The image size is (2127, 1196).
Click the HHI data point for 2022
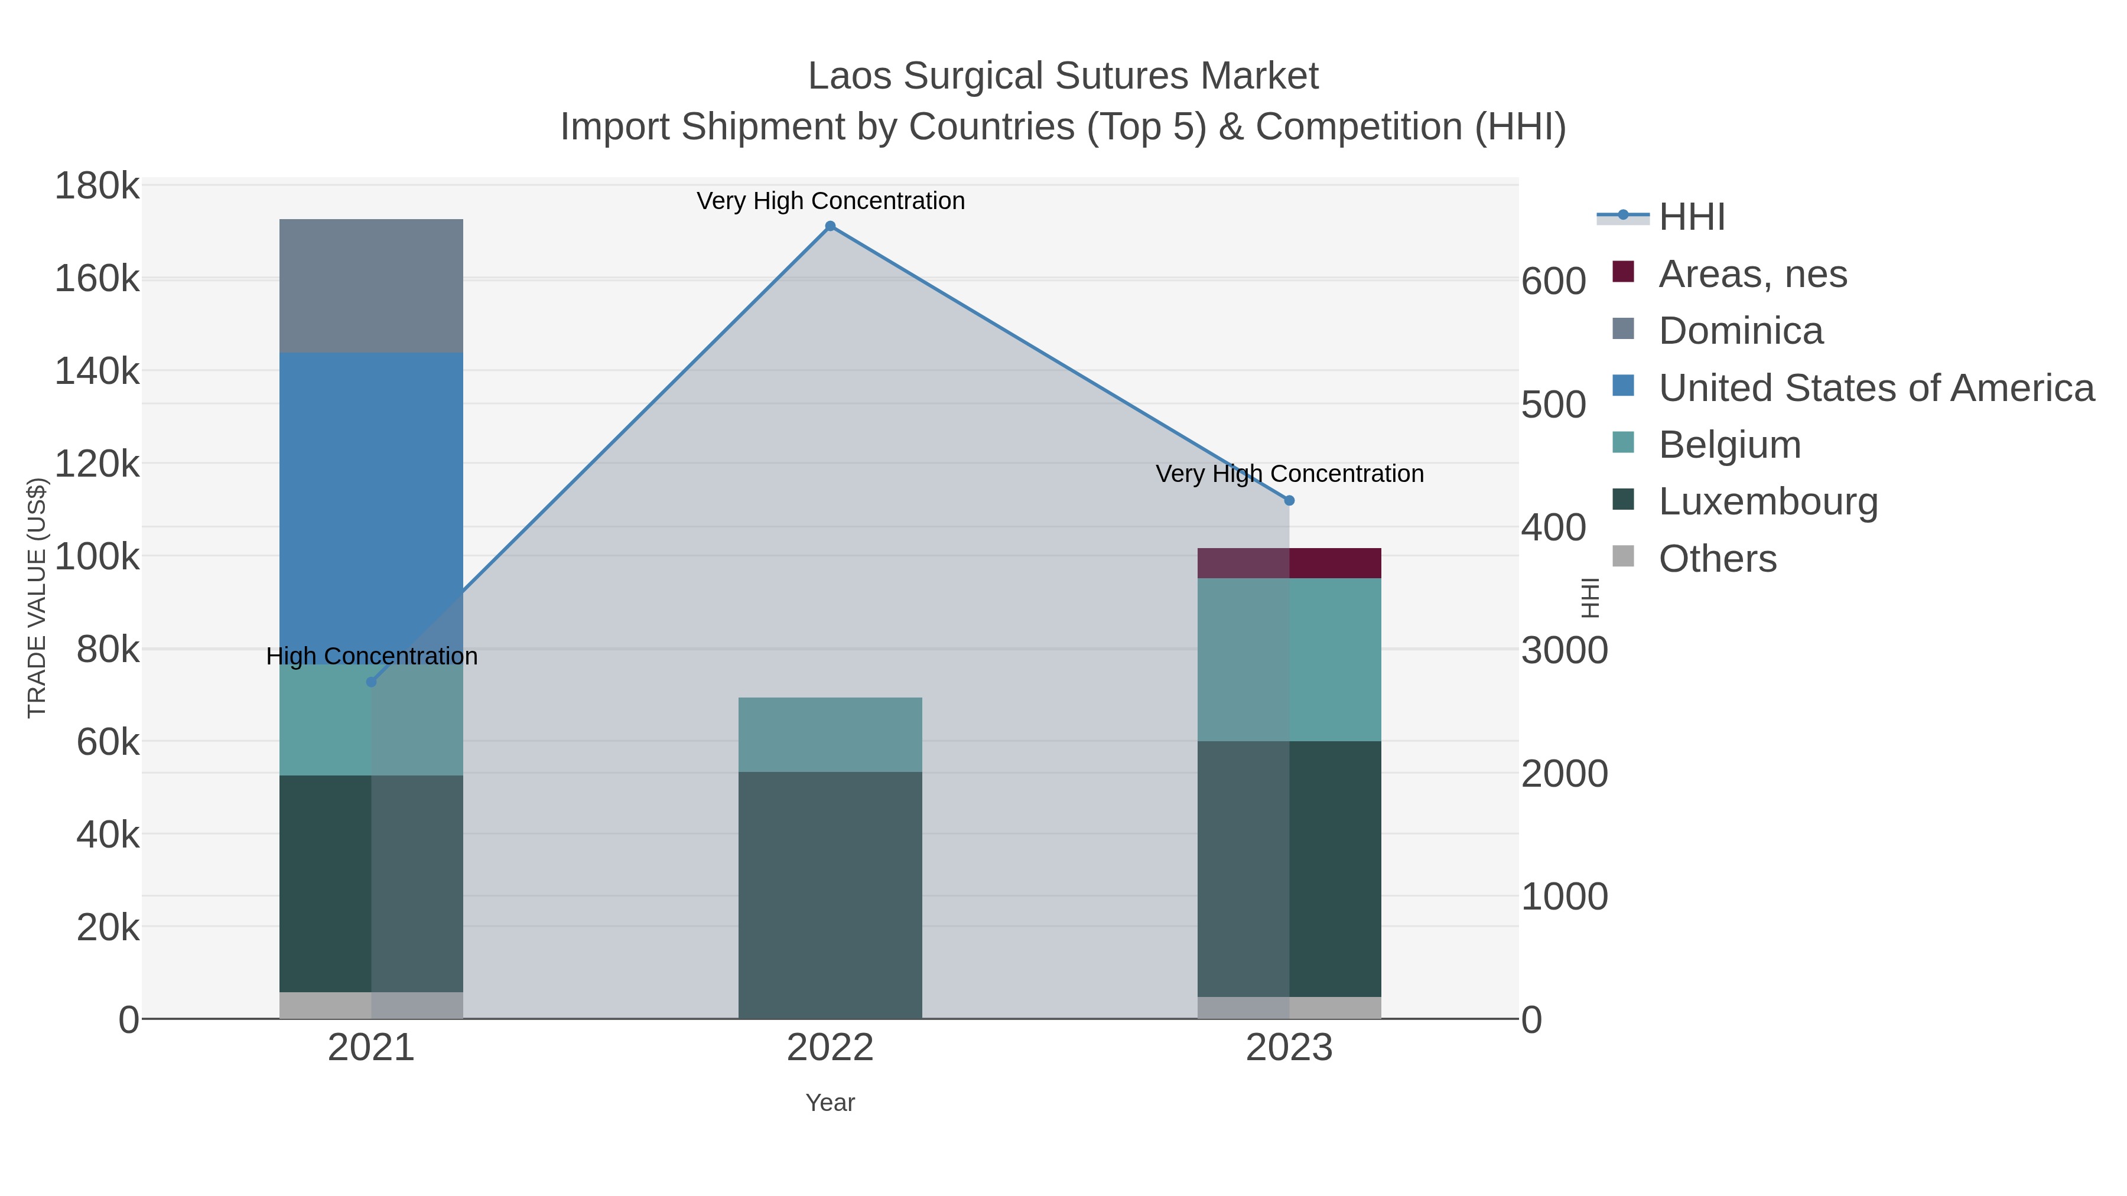830,226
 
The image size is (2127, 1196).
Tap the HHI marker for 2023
1289,500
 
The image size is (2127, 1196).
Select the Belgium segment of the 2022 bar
830,735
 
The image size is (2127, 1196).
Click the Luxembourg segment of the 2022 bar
830,895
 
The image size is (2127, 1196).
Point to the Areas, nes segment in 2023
1289,563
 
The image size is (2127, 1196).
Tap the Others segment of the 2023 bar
1289,1008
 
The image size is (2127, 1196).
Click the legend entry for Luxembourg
1768,502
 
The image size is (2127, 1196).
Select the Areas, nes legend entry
1752,274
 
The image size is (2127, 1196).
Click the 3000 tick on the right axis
1564,650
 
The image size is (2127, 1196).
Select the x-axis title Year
830,1103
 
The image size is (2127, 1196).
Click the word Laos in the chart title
849,76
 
